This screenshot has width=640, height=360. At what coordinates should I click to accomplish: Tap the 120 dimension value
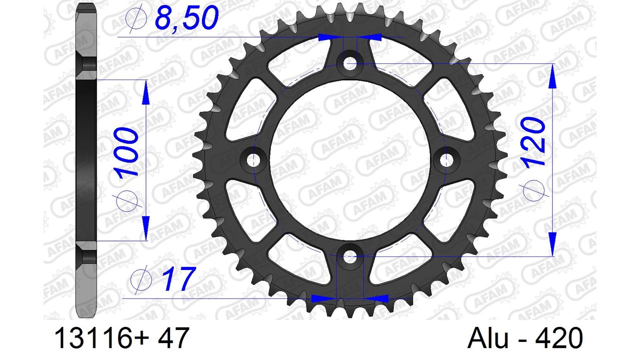tap(533, 141)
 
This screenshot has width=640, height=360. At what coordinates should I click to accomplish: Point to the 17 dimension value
tap(179, 278)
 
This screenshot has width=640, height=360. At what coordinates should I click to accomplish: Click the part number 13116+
tap(102, 338)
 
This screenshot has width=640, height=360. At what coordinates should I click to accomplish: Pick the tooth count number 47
tap(172, 338)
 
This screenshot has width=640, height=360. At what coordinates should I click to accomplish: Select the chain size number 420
tap(559, 338)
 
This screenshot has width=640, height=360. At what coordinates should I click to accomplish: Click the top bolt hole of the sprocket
tap(349, 63)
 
